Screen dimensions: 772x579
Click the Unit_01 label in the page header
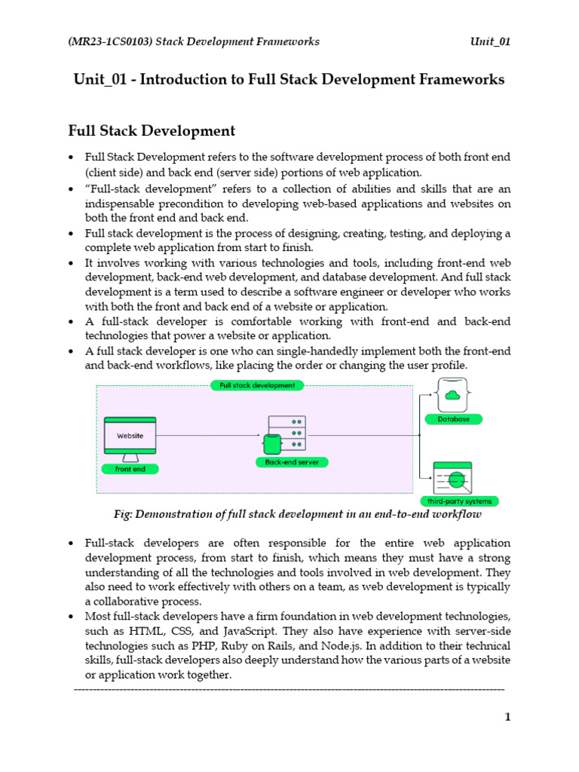[x=489, y=41]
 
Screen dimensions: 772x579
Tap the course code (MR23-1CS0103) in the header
[x=108, y=41]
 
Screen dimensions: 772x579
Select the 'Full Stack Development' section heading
[x=152, y=131]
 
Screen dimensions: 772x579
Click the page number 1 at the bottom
[x=507, y=717]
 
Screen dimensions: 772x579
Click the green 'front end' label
[x=130, y=469]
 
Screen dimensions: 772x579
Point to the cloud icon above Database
[x=453, y=395]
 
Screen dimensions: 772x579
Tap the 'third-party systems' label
[x=458, y=501]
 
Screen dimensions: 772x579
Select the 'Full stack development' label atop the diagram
[x=257, y=385]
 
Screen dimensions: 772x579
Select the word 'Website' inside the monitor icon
[x=130, y=436]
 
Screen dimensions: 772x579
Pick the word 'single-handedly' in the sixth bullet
[x=261, y=351]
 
